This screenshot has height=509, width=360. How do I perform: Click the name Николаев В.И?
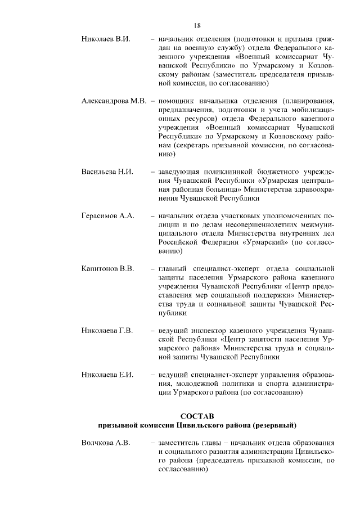pos(106,40)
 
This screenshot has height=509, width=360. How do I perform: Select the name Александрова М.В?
pos(114,101)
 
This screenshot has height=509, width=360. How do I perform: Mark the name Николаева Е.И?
pos(107,375)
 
